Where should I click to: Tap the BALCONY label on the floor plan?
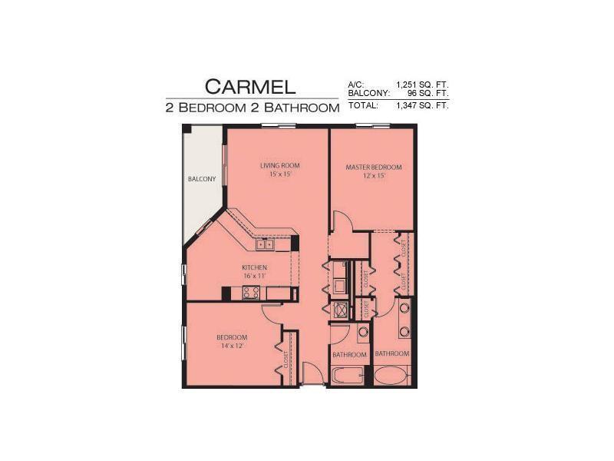(x=202, y=179)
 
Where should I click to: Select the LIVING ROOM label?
(x=279, y=165)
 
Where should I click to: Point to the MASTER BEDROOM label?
(x=374, y=167)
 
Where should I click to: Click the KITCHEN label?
(x=254, y=267)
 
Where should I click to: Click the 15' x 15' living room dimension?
(x=279, y=175)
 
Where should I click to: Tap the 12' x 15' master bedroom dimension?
(x=374, y=176)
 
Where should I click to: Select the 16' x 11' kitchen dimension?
(x=254, y=277)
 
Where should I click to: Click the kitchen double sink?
(x=264, y=245)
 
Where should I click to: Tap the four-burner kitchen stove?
(x=251, y=292)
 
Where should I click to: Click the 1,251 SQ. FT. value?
(x=421, y=85)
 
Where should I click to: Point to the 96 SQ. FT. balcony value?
(x=427, y=93)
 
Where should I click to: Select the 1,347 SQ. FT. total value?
(x=421, y=105)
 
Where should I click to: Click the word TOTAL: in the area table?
(x=364, y=105)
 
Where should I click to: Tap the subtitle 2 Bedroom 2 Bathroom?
(x=252, y=108)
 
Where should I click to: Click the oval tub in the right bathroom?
(x=391, y=376)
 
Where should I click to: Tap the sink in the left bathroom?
(x=363, y=332)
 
